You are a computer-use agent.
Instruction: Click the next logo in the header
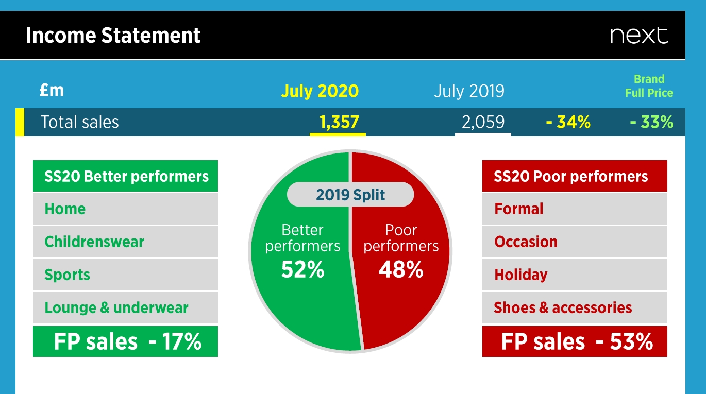click(638, 36)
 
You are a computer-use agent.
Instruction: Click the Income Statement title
click(113, 36)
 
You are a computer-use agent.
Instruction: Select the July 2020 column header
click(320, 91)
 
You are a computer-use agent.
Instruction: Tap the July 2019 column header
click(469, 91)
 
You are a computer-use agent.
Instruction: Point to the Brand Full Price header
click(649, 86)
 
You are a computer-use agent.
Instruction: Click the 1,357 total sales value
click(339, 122)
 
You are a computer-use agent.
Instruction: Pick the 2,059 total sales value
click(483, 122)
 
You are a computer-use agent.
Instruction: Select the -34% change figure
click(568, 122)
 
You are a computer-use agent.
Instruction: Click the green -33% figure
click(651, 122)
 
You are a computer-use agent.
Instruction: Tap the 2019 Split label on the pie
click(350, 195)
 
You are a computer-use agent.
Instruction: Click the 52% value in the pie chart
click(303, 269)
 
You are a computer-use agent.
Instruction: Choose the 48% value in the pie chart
click(401, 269)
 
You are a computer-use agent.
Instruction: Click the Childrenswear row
click(125, 242)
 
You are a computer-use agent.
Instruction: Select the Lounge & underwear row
click(125, 307)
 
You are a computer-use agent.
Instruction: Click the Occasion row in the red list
click(575, 242)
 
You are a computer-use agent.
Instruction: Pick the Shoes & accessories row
click(575, 307)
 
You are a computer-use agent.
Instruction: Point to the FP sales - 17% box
click(125, 341)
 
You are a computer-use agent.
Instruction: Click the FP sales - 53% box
click(575, 341)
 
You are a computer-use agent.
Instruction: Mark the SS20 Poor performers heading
click(575, 176)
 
